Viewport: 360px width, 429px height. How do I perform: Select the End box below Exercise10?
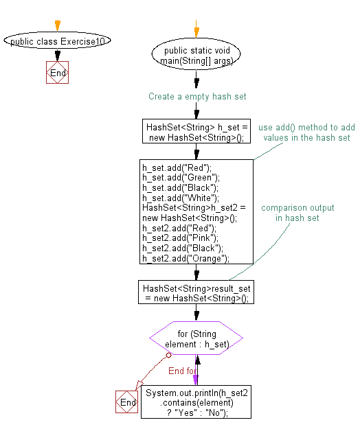(x=58, y=73)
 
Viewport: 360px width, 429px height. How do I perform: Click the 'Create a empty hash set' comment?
(x=197, y=97)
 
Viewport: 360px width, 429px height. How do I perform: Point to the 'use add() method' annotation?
(x=306, y=132)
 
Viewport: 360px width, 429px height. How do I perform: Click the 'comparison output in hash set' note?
(x=297, y=212)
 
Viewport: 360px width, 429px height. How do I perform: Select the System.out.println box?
(x=196, y=402)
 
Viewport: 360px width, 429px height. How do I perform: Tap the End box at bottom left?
(x=127, y=403)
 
